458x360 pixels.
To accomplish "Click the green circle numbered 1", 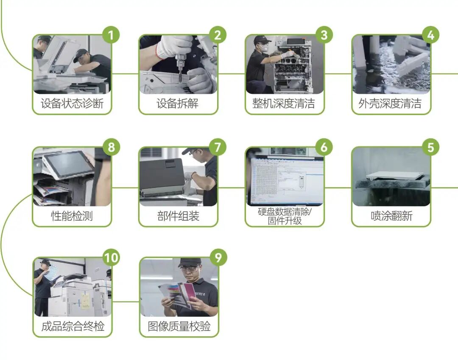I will (111, 35).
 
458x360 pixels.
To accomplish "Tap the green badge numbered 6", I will (324, 147).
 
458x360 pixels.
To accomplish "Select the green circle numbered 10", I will (111, 258).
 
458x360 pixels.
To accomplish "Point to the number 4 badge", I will (430, 35).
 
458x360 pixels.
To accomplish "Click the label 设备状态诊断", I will (72, 104).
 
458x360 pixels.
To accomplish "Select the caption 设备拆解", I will (178, 104).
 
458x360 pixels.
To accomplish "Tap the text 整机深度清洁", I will (284, 104).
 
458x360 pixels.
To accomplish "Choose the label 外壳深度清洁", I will (391, 104).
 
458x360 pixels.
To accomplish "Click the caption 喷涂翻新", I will (391, 216).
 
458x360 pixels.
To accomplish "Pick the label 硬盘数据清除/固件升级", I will (284, 216).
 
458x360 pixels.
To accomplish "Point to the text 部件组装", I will (178, 216).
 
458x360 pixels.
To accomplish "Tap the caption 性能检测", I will (72, 216).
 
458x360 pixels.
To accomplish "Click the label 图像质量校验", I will (179, 326).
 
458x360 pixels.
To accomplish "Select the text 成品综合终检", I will (73, 326).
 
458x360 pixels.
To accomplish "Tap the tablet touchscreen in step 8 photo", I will (68, 163).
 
